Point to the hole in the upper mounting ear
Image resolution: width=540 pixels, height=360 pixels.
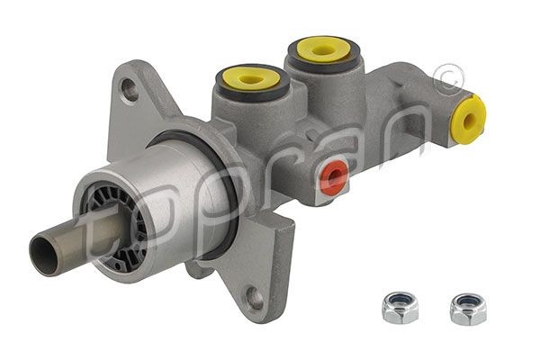pos(131,89)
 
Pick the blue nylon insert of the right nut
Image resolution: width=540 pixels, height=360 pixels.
pos(467,303)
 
